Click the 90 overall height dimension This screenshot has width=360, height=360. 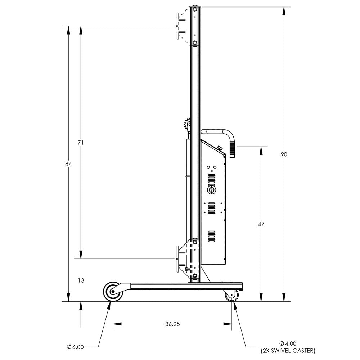pyautogui.click(x=284, y=154)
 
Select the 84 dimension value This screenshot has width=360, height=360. pyautogui.click(x=68, y=164)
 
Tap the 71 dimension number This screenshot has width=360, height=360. pyautogui.click(x=81, y=143)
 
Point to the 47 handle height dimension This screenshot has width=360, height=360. pyautogui.click(x=261, y=224)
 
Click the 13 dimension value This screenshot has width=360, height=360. pyautogui.click(x=81, y=280)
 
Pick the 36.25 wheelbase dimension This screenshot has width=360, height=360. pyautogui.click(x=172, y=324)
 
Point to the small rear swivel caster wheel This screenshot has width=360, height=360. pyautogui.click(x=232, y=296)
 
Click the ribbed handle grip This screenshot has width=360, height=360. pyautogui.click(x=232, y=149)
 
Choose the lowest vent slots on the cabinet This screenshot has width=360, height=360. pyautogui.click(x=211, y=236)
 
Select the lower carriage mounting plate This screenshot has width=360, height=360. pyautogui.click(x=177, y=259)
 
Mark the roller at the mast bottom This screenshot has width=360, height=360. pyautogui.click(x=195, y=276)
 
